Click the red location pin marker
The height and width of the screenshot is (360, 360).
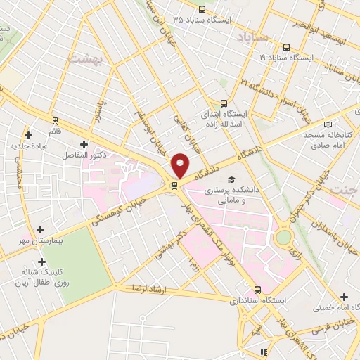181,165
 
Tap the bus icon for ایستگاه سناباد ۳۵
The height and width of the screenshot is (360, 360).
202,10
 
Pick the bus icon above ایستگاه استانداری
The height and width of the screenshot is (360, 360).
257,289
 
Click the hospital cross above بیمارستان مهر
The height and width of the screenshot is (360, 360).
40,229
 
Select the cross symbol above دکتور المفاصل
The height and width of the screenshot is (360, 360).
84,143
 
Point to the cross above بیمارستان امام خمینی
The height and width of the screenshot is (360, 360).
343,297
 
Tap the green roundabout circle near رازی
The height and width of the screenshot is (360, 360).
283,237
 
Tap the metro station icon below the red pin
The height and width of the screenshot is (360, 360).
174,186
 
